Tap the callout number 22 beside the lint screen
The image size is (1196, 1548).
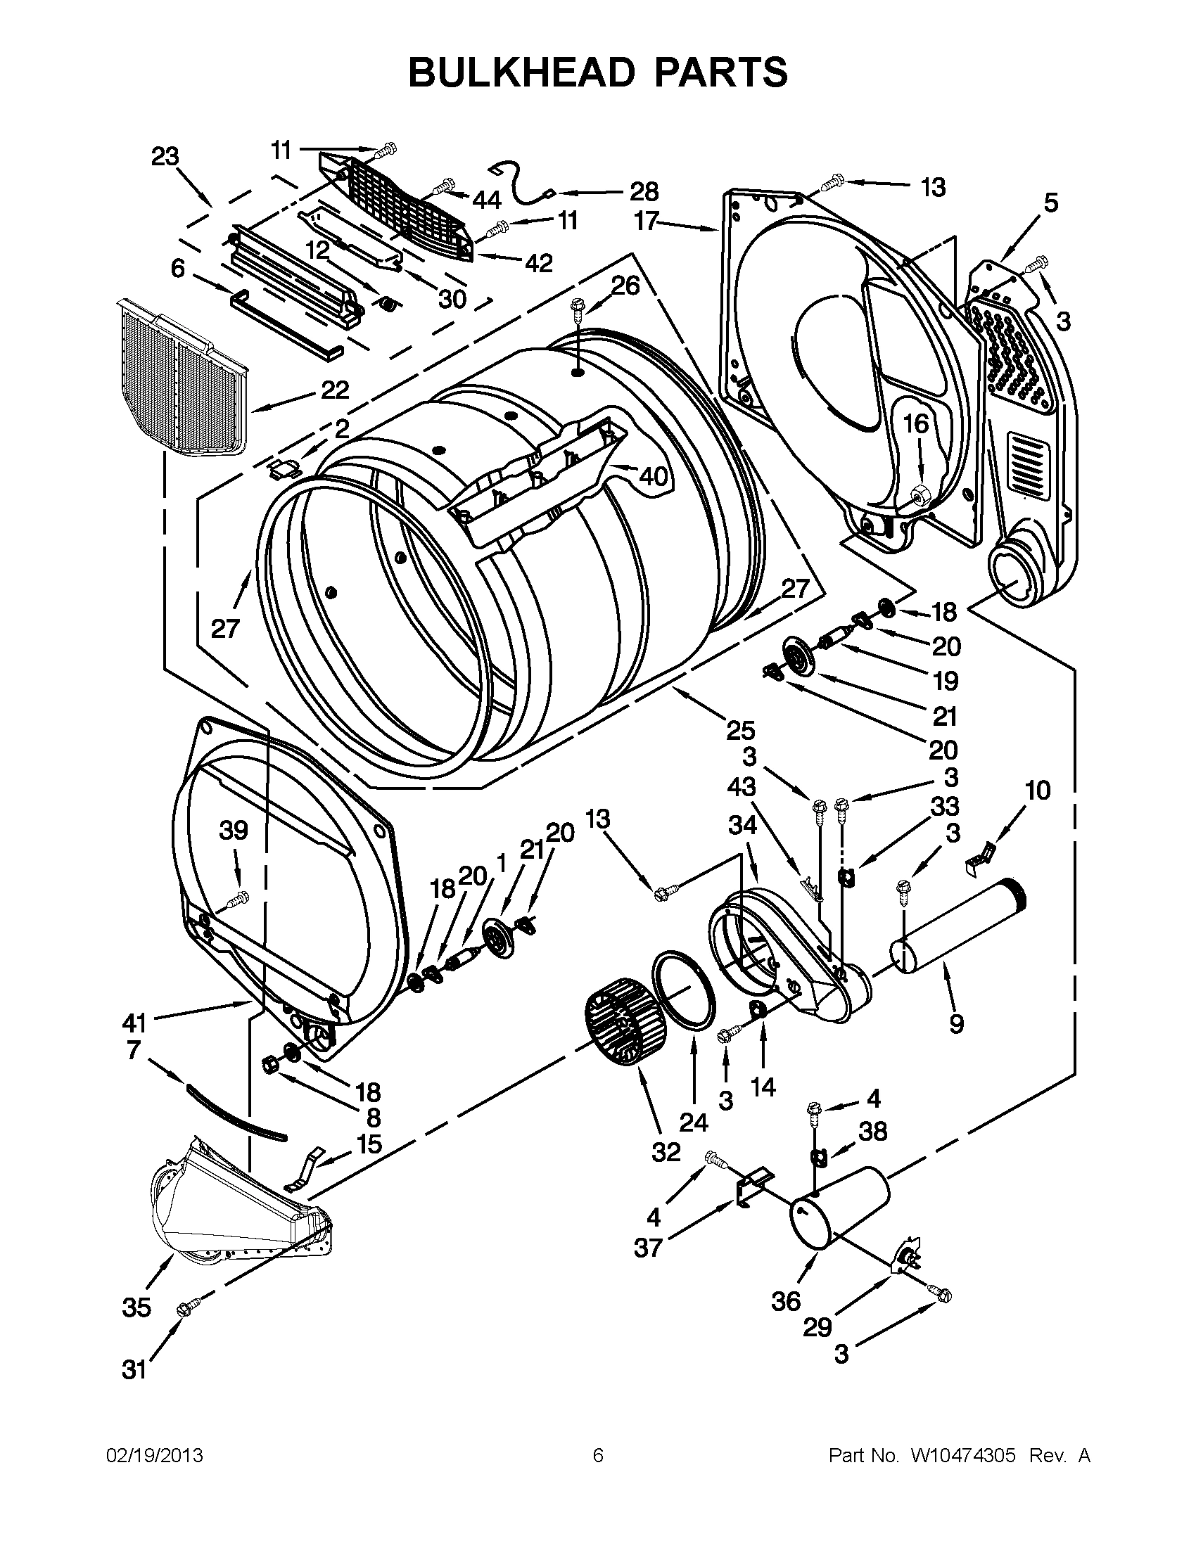tap(335, 390)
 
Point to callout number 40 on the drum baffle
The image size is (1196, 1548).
tap(652, 476)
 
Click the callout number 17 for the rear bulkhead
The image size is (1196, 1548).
tap(647, 221)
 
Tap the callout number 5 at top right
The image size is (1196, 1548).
tap(1050, 203)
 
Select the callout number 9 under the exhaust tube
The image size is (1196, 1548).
tap(956, 1023)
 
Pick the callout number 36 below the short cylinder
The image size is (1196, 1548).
tap(787, 1301)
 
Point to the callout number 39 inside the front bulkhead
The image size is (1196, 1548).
tap(234, 831)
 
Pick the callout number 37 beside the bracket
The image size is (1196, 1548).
tap(648, 1248)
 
